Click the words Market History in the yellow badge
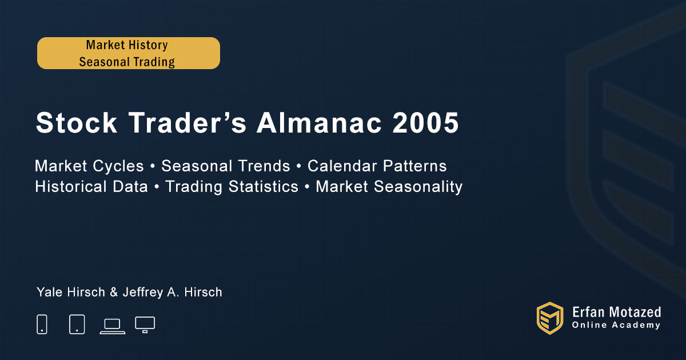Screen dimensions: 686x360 pyautogui.click(x=127, y=45)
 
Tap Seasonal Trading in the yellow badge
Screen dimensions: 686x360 pyautogui.click(x=127, y=62)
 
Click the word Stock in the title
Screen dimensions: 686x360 pyautogui.click(x=76, y=123)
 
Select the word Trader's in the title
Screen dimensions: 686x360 pyautogui.click(x=187, y=123)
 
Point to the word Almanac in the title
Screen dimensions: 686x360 pyautogui.click(x=319, y=123)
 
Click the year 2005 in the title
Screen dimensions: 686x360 pyautogui.click(x=425, y=123)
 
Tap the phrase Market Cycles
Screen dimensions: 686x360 pyautogui.click(x=89, y=166)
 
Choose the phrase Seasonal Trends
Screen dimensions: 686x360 pyautogui.click(x=226, y=166)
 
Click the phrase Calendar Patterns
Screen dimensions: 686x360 pyautogui.click(x=377, y=166)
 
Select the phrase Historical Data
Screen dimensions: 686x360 pyautogui.click(x=91, y=186)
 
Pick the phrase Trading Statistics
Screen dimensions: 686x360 pyautogui.click(x=232, y=187)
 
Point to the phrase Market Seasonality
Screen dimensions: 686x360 pyautogui.click(x=389, y=187)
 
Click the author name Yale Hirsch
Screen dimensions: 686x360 pyautogui.click(x=71, y=292)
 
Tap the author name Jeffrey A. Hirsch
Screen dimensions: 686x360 pyautogui.click(x=173, y=293)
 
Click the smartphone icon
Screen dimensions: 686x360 pyautogui.click(x=42, y=324)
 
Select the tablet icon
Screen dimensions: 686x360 pyautogui.click(x=77, y=324)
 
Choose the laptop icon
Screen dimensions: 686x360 pyautogui.click(x=113, y=326)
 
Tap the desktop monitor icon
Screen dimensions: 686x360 pyautogui.click(x=145, y=325)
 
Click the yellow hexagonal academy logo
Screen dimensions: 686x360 pyautogui.click(x=550, y=318)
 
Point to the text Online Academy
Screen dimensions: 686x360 pyautogui.click(x=616, y=325)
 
